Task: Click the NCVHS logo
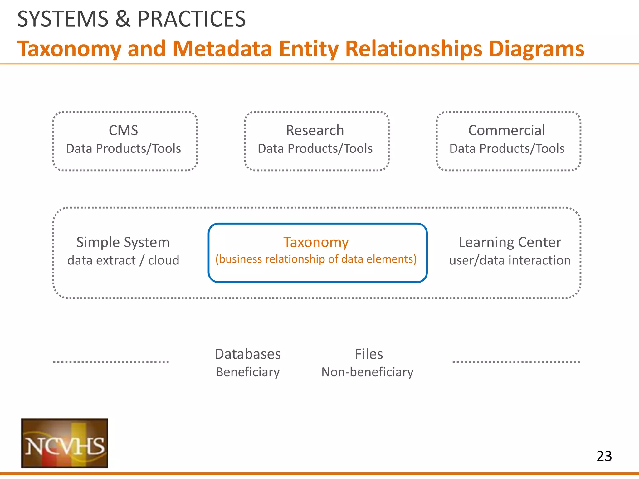coord(65,443)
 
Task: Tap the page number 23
coord(604,456)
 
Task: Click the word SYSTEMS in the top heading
coord(63,19)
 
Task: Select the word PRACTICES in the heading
coord(192,19)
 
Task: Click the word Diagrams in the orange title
coord(536,49)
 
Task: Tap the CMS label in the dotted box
coord(123,130)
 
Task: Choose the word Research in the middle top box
coord(315,130)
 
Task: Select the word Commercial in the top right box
coord(507,130)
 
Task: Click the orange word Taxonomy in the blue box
coord(316,242)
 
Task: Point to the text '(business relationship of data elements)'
coord(316,259)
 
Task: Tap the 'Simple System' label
coord(123,242)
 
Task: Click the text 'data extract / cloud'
coord(123,260)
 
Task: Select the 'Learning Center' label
coord(510,242)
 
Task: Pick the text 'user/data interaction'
coord(510,260)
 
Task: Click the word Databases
coord(248,354)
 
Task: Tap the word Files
coord(369,354)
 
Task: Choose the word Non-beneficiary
coord(367,372)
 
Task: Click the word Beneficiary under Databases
coord(248,372)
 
